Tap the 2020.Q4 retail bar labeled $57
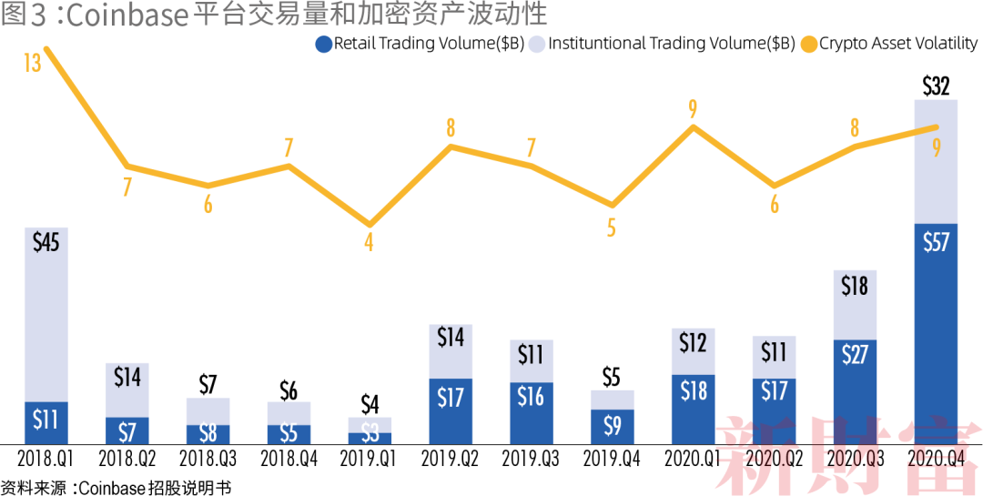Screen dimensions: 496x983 click(936, 333)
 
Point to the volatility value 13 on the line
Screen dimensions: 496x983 click(33, 64)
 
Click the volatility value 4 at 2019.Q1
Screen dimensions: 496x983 click(369, 243)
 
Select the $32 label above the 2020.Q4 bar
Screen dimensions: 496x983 click(936, 86)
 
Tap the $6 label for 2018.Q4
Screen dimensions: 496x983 click(289, 390)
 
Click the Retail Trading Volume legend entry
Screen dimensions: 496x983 click(419, 43)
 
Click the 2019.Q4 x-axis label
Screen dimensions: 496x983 click(612, 461)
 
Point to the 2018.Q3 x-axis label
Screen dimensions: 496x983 click(208, 461)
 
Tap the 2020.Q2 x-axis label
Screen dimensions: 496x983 click(774, 461)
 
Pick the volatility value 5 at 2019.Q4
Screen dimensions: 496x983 click(612, 228)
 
